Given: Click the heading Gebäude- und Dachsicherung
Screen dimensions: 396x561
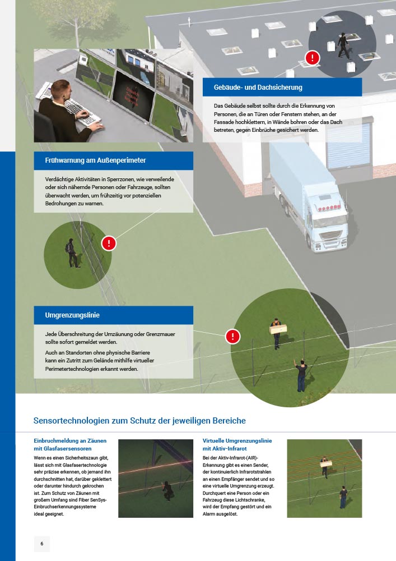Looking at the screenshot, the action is click(x=258, y=88).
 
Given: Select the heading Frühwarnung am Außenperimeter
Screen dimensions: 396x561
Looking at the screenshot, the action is click(x=95, y=160).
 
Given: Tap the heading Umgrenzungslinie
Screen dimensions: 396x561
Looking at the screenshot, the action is click(x=72, y=315).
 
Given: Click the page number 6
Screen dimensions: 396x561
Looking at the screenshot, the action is click(x=42, y=544).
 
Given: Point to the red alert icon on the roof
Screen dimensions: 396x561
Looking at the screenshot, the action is click(x=313, y=58).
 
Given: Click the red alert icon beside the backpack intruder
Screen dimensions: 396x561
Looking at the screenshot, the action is click(x=109, y=243).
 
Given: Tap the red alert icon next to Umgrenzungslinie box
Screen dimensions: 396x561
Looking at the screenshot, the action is click(x=233, y=336).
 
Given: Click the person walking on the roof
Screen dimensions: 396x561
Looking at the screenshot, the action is click(x=343, y=45).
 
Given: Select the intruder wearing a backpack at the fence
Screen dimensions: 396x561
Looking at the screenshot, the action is click(x=72, y=253).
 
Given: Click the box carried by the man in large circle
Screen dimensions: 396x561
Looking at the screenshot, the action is click(x=278, y=328).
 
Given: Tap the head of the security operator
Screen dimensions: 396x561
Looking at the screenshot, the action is click(x=60, y=90).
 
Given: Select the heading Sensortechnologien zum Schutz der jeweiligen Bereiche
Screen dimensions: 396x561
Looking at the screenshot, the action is click(x=139, y=420).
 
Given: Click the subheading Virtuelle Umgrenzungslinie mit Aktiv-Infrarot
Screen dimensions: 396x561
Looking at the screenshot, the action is click(x=237, y=444).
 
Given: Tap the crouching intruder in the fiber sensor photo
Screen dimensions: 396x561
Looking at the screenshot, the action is click(x=167, y=490).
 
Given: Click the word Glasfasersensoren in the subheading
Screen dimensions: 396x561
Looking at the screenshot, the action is click(x=67, y=448).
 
